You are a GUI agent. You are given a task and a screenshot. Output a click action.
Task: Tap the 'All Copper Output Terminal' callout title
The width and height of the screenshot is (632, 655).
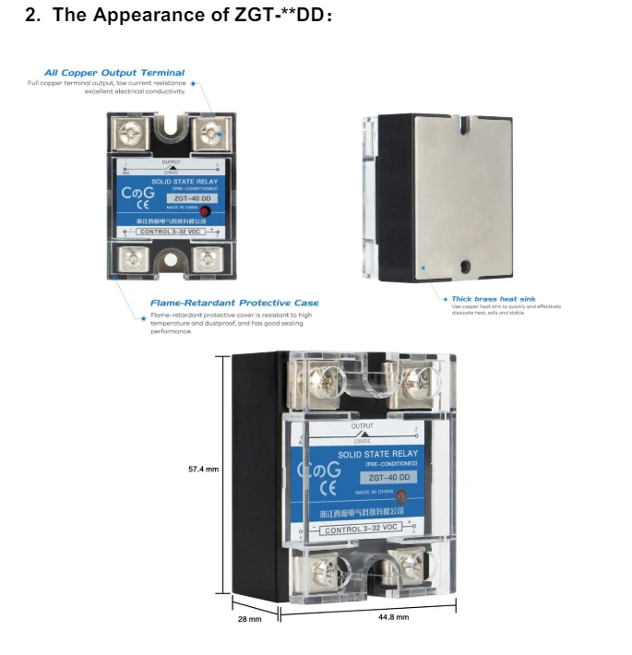[x=114, y=73]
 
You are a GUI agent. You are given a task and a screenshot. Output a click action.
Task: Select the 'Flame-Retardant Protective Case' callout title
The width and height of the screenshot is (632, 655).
[x=234, y=303]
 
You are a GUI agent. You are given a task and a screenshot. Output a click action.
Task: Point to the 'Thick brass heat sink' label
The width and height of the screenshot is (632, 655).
[x=493, y=299]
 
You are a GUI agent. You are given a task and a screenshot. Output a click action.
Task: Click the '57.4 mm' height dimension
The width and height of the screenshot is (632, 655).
[x=203, y=470]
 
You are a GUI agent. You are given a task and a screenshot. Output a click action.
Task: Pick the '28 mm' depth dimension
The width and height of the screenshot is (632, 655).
[x=249, y=619]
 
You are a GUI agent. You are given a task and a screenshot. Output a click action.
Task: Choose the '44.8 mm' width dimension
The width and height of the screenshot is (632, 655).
[x=394, y=616]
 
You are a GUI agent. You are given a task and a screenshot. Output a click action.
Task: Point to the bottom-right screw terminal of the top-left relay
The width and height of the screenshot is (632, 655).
[x=207, y=257]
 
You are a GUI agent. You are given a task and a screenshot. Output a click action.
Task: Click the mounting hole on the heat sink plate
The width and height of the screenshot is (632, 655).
[x=466, y=267]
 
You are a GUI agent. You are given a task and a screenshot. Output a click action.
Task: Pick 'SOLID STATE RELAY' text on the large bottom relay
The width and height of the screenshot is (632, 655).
[x=377, y=454]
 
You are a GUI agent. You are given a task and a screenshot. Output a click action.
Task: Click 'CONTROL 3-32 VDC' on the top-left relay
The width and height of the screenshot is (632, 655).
[x=169, y=232]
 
